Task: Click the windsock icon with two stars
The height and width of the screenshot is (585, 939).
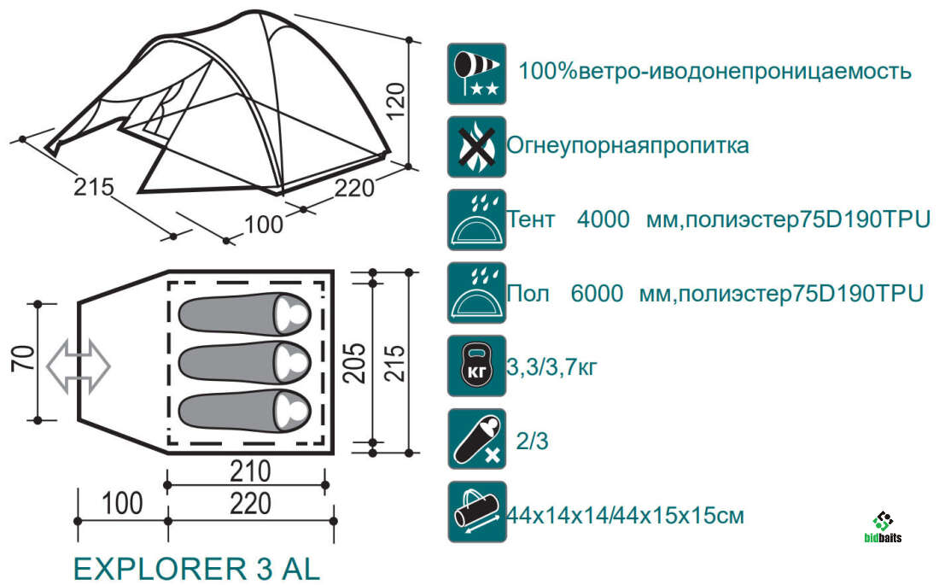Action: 476,73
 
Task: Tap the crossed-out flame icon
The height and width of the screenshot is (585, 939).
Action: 476,147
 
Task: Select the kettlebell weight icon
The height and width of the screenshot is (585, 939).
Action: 476,366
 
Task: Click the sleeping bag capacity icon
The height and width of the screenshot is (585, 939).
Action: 476,439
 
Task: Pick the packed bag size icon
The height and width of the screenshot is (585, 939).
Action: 476,512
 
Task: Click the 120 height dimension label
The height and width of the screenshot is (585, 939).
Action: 396,102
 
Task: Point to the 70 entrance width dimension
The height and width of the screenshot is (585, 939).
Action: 24,359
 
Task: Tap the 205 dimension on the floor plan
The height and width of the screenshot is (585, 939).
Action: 353,363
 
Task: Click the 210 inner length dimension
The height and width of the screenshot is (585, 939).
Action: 250,471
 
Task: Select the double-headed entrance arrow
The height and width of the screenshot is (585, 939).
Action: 79,366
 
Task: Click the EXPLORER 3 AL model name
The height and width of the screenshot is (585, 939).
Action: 196,568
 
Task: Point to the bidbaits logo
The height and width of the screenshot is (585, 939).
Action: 884,528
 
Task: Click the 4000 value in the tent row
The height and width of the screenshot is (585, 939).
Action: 603,219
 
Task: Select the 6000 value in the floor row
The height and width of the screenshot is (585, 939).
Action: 597,294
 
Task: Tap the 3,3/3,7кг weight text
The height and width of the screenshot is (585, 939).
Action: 552,367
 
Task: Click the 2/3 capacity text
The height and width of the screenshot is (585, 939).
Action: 533,442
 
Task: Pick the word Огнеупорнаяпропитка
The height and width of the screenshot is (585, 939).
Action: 627,146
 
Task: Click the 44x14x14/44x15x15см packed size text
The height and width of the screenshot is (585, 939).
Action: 626,516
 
